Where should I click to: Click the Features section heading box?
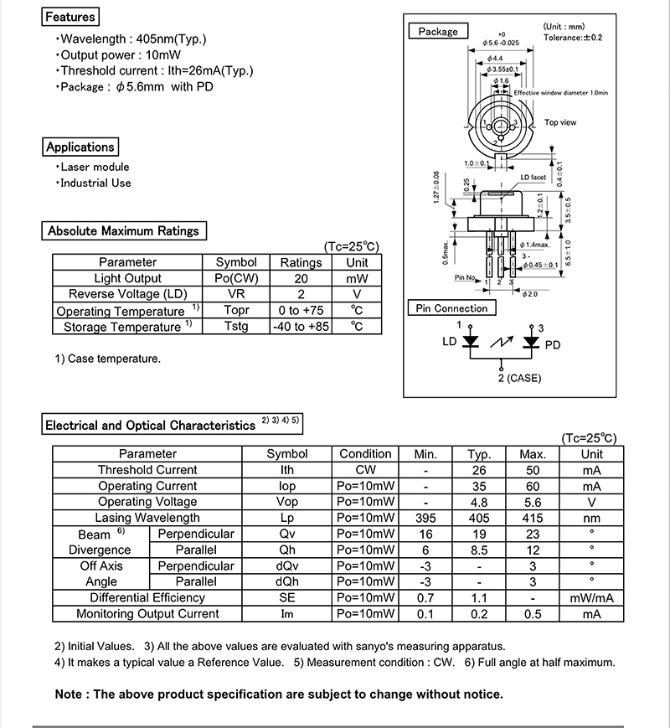click(x=70, y=17)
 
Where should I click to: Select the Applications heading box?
click(x=80, y=147)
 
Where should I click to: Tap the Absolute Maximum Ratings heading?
click(x=123, y=230)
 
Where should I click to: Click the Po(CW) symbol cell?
click(x=236, y=278)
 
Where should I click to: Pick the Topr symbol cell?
click(x=236, y=310)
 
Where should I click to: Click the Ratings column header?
click(x=301, y=262)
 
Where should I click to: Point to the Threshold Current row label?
click(x=147, y=470)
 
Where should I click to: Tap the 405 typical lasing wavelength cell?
click(x=478, y=518)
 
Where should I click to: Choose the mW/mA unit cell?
click(x=592, y=597)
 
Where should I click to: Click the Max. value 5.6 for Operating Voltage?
click(x=533, y=502)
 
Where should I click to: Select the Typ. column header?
click(x=478, y=454)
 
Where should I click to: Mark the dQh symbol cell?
click(x=287, y=581)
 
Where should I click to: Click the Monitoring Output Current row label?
click(x=147, y=613)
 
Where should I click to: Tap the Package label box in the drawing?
click(x=438, y=32)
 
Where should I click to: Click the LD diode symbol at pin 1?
click(x=471, y=343)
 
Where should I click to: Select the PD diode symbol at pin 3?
click(x=530, y=343)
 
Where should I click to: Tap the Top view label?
click(x=560, y=122)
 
